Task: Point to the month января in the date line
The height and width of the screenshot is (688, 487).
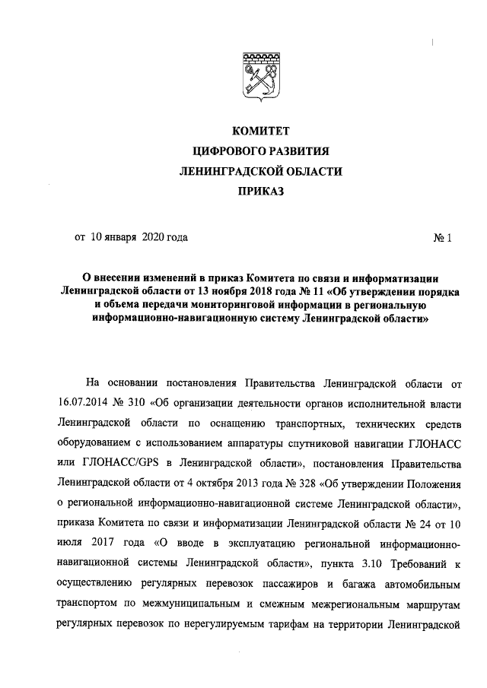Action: (x=113, y=237)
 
